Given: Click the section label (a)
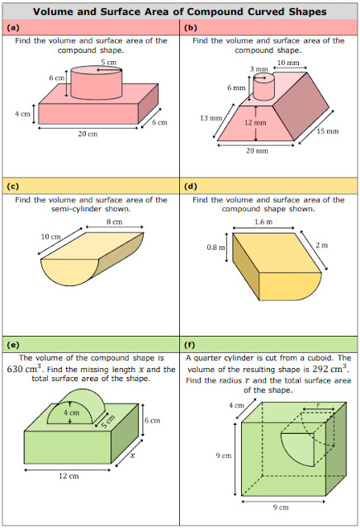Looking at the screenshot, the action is pyautogui.click(x=13, y=27).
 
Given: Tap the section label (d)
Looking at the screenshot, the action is pyautogui.click(x=191, y=186).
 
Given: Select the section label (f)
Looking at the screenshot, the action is pyautogui.click(x=190, y=345).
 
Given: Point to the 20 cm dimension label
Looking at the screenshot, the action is pyautogui.click(x=88, y=134).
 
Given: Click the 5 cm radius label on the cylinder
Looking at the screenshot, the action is pyautogui.click(x=108, y=62).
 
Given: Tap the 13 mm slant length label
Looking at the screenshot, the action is pyautogui.click(x=211, y=118).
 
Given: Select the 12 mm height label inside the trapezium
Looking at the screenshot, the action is pyautogui.click(x=255, y=123).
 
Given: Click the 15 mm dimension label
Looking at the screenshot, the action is pyautogui.click(x=327, y=131).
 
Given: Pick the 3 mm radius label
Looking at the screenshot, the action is pyautogui.click(x=258, y=69).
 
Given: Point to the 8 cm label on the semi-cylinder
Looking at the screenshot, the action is pyautogui.click(x=114, y=222).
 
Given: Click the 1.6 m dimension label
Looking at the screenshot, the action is pyautogui.click(x=263, y=222).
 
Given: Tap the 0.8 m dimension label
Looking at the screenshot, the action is pyautogui.click(x=216, y=247).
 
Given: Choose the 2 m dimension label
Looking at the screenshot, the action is pyautogui.click(x=321, y=245).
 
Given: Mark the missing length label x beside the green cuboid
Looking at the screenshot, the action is pyautogui.click(x=132, y=455).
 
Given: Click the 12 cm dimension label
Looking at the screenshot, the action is pyautogui.click(x=69, y=476).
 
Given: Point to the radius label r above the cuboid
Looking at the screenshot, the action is pyautogui.click(x=318, y=405).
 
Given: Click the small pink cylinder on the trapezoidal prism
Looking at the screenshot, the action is pyautogui.click(x=264, y=87).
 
